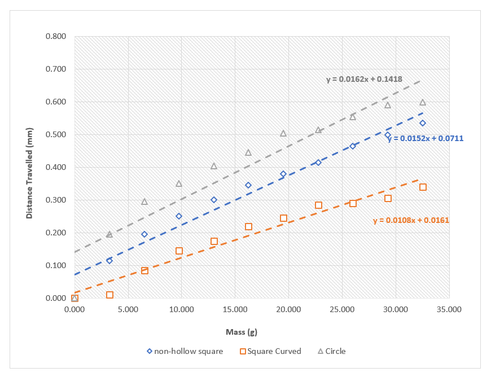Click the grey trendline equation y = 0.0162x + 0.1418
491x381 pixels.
(x=364, y=79)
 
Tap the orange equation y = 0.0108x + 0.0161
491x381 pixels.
(x=411, y=220)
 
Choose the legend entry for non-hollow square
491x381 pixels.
(x=185, y=351)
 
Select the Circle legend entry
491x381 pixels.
(x=331, y=351)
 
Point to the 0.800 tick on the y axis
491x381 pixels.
(x=55, y=37)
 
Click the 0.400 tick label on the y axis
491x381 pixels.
(x=55, y=168)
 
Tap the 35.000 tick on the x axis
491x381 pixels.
(x=449, y=309)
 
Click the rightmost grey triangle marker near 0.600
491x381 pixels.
(x=423, y=102)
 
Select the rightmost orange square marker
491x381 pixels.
(x=423, y=187)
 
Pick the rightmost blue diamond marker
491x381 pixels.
(x=423, y=123)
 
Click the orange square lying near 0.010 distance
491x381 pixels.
(x=109, y=295)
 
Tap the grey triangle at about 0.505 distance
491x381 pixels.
(x=283, y=133)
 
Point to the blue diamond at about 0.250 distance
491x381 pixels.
(x=179, y=216)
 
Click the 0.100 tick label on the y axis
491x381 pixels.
(x=55, y=266)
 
